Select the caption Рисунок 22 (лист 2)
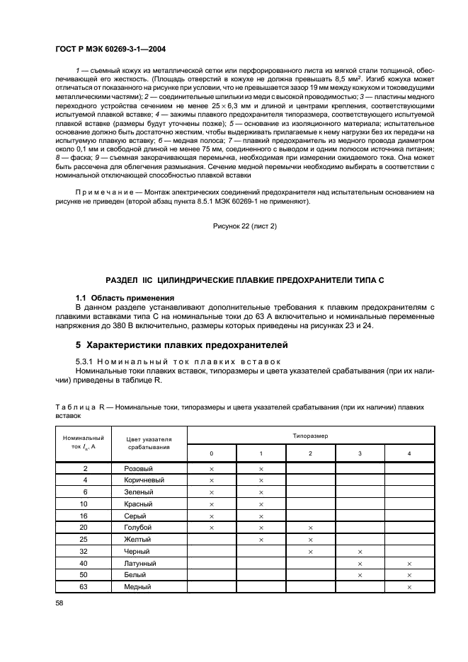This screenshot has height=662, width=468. [244, 226]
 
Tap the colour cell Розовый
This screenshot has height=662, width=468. [139, 469]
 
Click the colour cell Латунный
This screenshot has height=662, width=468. [140, 564]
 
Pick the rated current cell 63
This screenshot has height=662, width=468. [85, 587]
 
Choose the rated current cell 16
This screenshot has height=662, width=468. [85, 516]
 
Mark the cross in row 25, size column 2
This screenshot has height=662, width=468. [310, 540]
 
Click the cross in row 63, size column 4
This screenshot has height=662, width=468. [409, 587]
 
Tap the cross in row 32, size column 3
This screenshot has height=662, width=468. [360, 552]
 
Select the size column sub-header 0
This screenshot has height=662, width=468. [211, 453]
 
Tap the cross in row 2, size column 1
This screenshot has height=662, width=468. [261, 469]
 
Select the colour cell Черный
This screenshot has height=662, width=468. [138, 552]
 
